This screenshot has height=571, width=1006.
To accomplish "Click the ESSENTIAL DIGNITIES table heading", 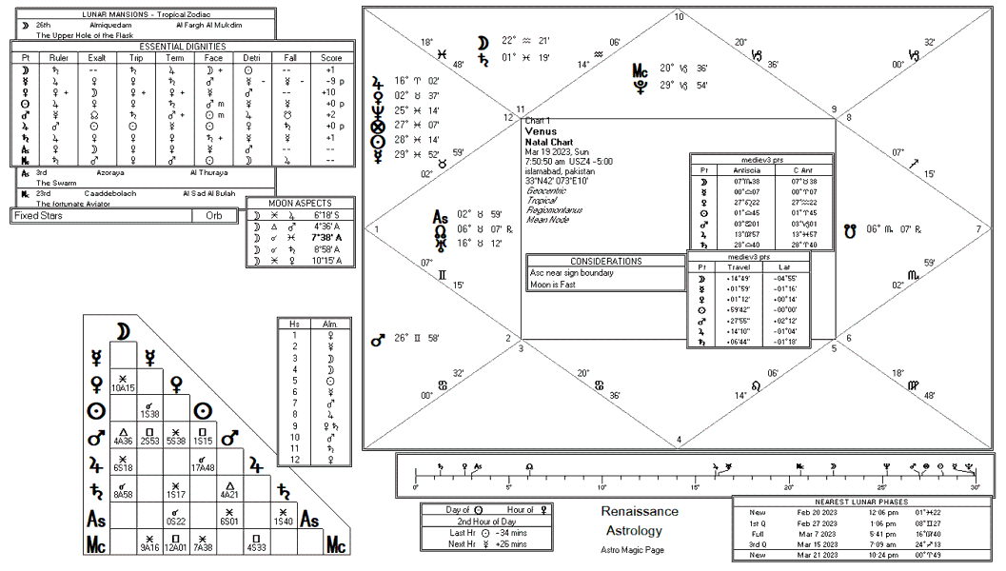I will point(183,46).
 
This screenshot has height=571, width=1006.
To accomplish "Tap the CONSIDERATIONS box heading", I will point(605,261).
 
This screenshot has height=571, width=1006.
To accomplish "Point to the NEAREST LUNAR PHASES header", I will point(861,502).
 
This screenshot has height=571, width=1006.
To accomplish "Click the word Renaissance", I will point(640,512).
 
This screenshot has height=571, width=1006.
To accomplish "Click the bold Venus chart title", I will point(541,130).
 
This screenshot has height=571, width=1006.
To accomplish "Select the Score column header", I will point(329,57).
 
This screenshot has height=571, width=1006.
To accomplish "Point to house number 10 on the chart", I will point(679,17).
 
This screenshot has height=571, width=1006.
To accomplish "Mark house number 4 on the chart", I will point(679,439).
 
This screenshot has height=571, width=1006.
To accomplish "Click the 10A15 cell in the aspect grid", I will point(123,388).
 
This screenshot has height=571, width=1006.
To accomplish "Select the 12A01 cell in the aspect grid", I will point(176,547).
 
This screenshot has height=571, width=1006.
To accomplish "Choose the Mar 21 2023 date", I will point(818,555).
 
